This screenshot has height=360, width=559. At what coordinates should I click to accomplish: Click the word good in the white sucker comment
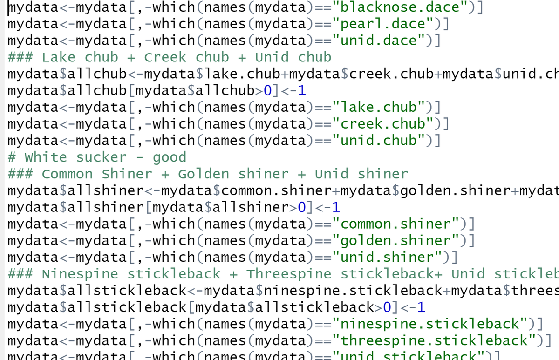tap(170, 157)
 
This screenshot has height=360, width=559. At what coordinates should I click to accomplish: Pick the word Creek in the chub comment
tap(165, 58)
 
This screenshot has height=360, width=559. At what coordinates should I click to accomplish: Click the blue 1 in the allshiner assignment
tap(337, 207)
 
